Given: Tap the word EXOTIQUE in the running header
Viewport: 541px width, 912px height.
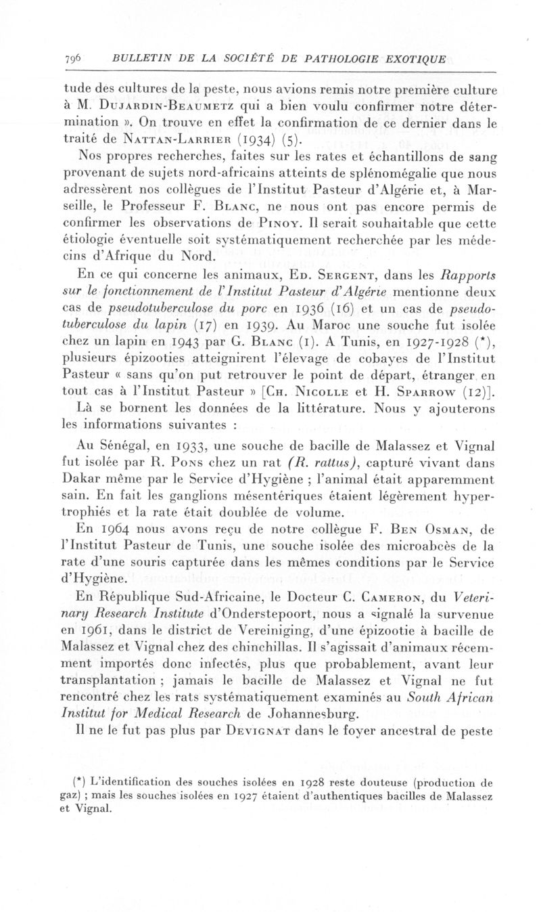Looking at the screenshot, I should coord(413,58).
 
